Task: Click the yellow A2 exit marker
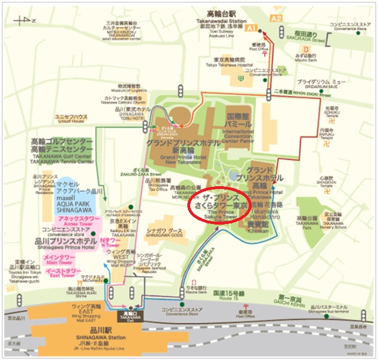click(x=276, y=18)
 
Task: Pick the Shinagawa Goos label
click(x=164, y=232)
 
